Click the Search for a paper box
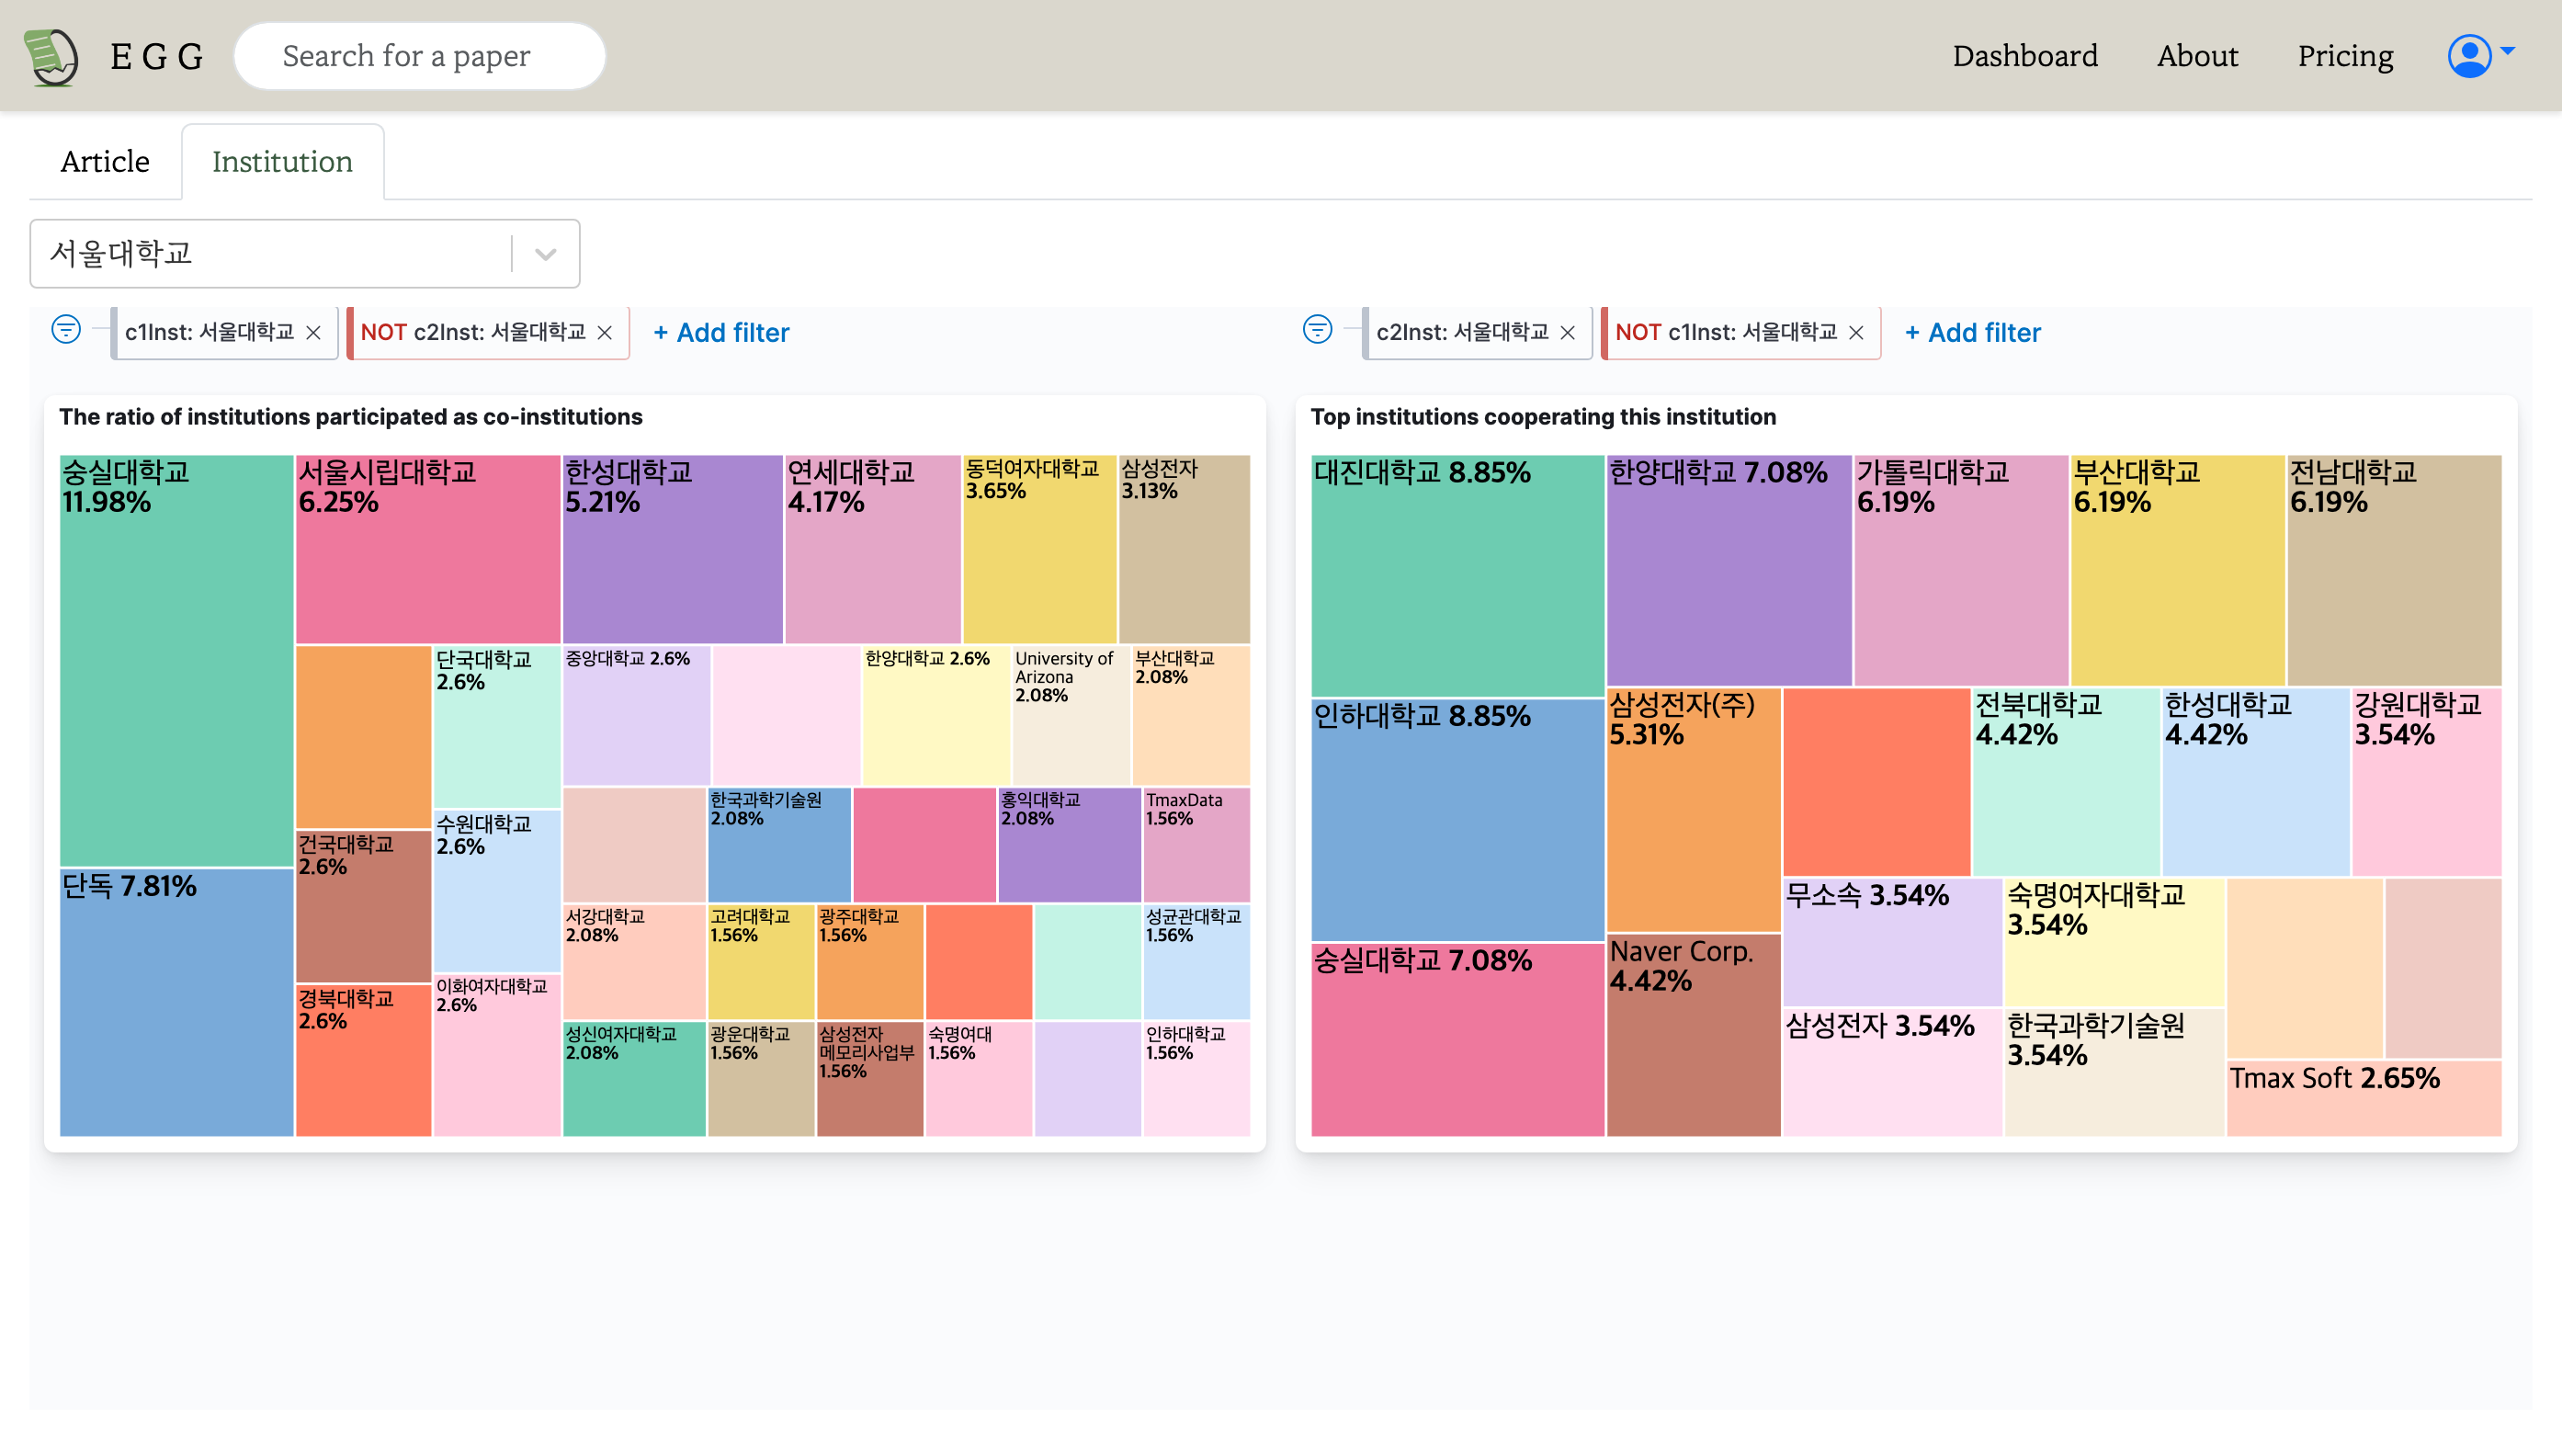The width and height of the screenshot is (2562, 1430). (419, 56)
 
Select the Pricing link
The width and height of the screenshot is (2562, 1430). (2344, 56)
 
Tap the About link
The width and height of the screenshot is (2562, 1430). (2196, 56)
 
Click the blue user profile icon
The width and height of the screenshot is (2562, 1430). (2468, 56)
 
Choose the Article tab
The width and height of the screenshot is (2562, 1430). (105, 161)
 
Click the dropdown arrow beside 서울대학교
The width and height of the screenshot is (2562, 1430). (545, 254)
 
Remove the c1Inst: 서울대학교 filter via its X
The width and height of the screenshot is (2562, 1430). (313, 332)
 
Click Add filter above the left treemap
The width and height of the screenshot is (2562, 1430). (721, 332)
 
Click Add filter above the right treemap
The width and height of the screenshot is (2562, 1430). (1972, 332)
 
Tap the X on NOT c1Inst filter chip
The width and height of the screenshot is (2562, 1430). (1856, 332)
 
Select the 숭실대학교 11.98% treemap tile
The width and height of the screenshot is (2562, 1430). (176, 660)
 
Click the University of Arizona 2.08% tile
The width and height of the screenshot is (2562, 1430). (1071, 715)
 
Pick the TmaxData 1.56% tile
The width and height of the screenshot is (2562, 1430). (1196, 845)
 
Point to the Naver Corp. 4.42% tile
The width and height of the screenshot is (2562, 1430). (1693, 1034)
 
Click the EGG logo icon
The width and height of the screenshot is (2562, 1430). (51, 57)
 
